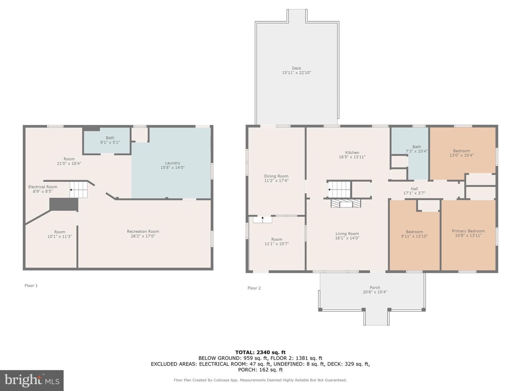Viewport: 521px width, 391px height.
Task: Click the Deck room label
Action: pyautogui.click(x=296, y=68)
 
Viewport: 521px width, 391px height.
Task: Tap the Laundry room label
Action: pyautogui.click(x=173, y=163)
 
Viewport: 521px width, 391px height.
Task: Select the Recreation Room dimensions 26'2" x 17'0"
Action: pyautogui.click(x=143, y=236)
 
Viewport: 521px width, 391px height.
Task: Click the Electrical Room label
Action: pyautogui.click(x=43, y=187)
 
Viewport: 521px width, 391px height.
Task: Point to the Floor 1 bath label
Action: pyautogui.click(x=110, y=138)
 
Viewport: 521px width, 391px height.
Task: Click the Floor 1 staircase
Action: pyautogui.click(x=79, y=190)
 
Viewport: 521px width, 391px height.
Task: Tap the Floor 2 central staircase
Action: pyautogui.click(x=339, y=189)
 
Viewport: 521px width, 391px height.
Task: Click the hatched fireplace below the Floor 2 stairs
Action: pyautogui.click(x=346, y=203)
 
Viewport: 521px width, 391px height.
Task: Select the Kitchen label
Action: pyautogui.click(x=352, y=152)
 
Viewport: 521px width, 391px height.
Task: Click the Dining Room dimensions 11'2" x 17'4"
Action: pyautogui.click(x=276, y=181)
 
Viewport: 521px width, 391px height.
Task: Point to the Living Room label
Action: pyautogui.click(x=347, y=234)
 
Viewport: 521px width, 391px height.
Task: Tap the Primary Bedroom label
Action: pyautogui.click(x=468, y=231)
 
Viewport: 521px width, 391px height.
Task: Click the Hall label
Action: pyautogui.click(x=414, y=189)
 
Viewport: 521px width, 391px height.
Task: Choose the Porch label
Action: pyautogui.click(x=375, y=287)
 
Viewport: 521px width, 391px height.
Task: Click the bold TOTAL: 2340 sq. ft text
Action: pyautogui.click(x=260, y=352)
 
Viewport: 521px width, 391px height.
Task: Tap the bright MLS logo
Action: pyautogui.click(x=32, y=381)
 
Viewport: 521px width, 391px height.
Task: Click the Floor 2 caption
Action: pyautogui.click(x=254, y=288)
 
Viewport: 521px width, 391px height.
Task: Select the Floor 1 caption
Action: pyautogui.click(x=31, y=286)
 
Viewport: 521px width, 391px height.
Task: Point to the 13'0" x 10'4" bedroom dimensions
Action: pyautogui.click(x=461, y=155)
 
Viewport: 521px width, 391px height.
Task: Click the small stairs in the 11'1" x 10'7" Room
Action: pyautogui.click(x=262, y=220)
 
